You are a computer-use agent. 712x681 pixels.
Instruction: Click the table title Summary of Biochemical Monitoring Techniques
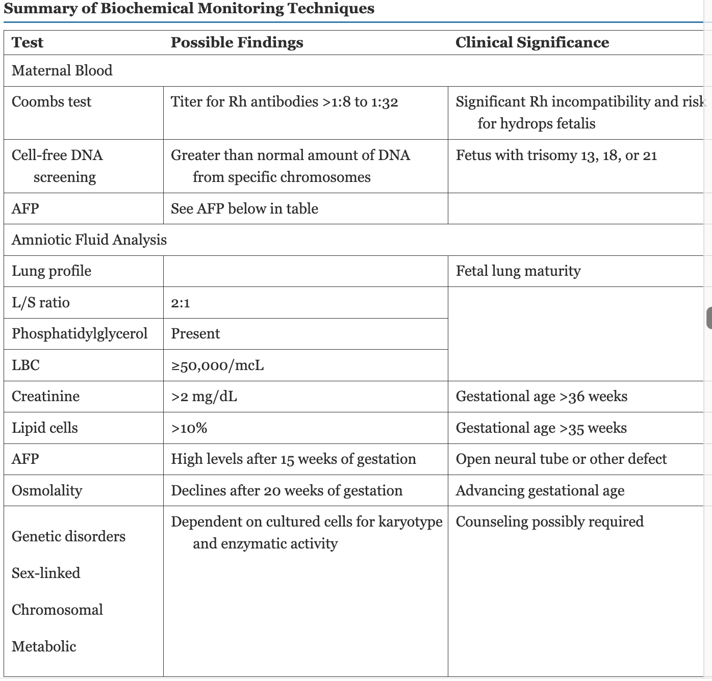click(x=189, y=9)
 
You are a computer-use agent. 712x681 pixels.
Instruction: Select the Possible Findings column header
click(x=237, y=42)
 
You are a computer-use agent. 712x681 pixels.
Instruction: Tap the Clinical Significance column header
click(x=532, y=42)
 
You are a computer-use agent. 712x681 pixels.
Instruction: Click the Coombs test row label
click(x=52, y=101)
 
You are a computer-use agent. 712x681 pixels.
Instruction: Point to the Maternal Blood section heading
click(x=62, y=70)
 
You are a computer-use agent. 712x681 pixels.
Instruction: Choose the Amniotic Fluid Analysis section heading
click(x=89, y=240)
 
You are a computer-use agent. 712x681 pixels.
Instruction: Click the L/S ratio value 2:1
click(x=181, y=303)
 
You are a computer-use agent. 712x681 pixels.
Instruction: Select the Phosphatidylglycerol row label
click(x=80, y=333)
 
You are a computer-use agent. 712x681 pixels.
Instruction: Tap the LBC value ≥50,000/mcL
click(x=217, y=365)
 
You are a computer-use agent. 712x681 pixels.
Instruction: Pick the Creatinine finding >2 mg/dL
click(x=204, y=396)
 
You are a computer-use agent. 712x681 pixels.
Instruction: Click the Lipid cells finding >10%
click(x=189, y=428)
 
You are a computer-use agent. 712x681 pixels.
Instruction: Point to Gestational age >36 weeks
click(x=541, y=396)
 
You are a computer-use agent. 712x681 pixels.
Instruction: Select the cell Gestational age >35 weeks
click(x=541, y=428)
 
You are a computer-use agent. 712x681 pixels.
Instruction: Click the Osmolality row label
click(x=47, y=490)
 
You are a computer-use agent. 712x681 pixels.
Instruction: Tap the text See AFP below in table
click(x=244, y=208)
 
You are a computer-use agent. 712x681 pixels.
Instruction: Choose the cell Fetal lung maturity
click(x=518, y=271)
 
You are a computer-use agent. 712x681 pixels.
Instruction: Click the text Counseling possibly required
click(x=549, y=521)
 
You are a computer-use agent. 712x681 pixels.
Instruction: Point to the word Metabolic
click(x=44, y=646)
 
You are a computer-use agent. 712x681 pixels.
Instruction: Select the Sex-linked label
click(x=46, y=573)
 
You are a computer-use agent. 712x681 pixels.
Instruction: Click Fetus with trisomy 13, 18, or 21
click(x=556, y=155)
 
